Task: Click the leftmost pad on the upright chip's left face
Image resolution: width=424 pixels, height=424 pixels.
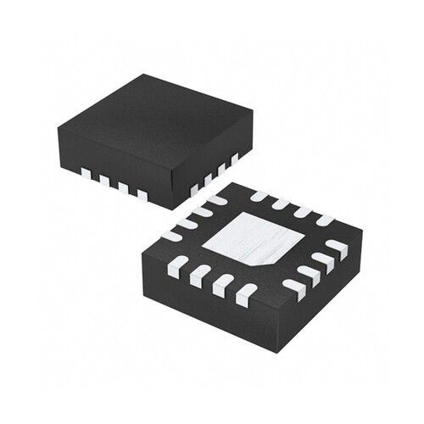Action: [86, 174]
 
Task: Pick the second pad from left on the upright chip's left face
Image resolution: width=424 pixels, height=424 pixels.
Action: [104, 180]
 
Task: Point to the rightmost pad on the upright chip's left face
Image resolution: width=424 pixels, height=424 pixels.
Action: [142, 194]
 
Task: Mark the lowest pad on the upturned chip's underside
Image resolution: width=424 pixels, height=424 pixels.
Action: [246, 295]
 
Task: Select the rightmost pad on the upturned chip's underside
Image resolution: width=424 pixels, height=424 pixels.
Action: [338, 248]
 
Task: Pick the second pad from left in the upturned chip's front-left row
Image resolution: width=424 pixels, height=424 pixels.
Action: [200, 274]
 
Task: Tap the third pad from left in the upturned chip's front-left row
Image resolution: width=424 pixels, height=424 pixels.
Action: [222, 284]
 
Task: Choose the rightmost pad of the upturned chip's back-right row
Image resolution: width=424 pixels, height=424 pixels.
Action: [324, 220]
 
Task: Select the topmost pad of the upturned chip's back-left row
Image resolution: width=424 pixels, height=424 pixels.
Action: [215, 200]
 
